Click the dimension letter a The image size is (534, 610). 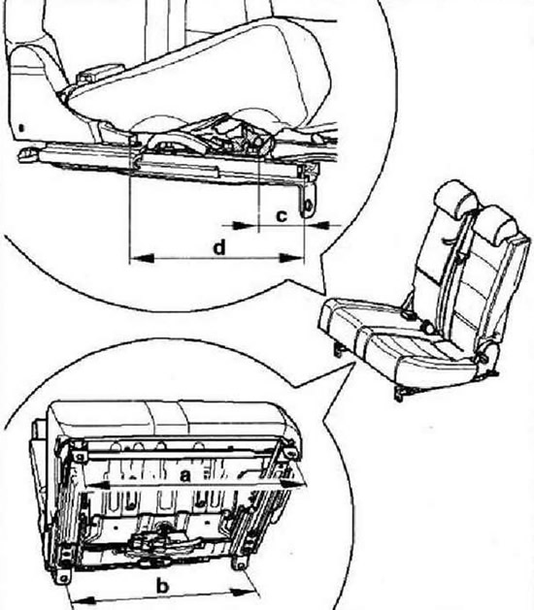(185, 475)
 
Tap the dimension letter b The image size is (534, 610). (163, 587)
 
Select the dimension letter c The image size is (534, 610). (282, 215)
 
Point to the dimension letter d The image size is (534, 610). (219, 247)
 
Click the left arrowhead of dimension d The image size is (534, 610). (142, 258)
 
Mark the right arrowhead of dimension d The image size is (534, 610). (291, 258)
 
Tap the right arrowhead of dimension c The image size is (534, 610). (317, 224)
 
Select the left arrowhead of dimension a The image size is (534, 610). (96, 485)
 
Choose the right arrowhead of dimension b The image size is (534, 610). (245, 592)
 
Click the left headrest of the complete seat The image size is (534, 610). (455, 198)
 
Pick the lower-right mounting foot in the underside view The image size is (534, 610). (241, 562)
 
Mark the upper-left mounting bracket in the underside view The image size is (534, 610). (79, 455)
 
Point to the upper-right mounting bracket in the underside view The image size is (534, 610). (290, 453)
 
